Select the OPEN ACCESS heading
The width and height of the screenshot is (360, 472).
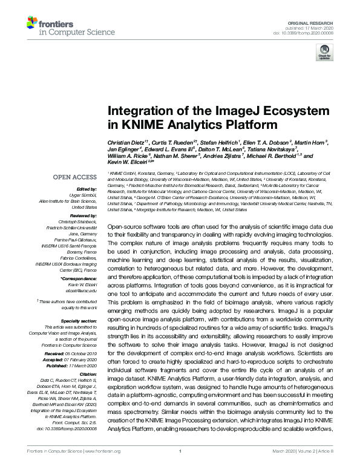(75, 177)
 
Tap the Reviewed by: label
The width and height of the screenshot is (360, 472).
(81, 215)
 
